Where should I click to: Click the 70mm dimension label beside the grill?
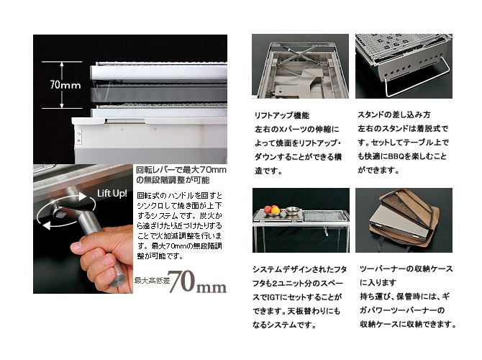tap(65, 85)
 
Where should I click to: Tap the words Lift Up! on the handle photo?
tap(112, 194)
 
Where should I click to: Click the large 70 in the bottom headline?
tap(181, 282)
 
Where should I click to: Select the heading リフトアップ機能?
tap(282, 115)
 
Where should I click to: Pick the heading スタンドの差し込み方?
tap(394, 114)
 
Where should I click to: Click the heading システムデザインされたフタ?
tap(300, 269)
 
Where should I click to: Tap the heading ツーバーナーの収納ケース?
tap(406, 269)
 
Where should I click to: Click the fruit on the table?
tap(271, 210)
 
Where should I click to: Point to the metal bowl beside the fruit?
tap(291, 211)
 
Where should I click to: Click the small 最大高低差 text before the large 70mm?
tap(152, 281)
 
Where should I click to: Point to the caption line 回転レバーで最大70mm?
tap(181, 170)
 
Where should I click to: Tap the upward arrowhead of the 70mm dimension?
tap(62, 64)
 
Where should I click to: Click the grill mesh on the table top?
tap(325, 216)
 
